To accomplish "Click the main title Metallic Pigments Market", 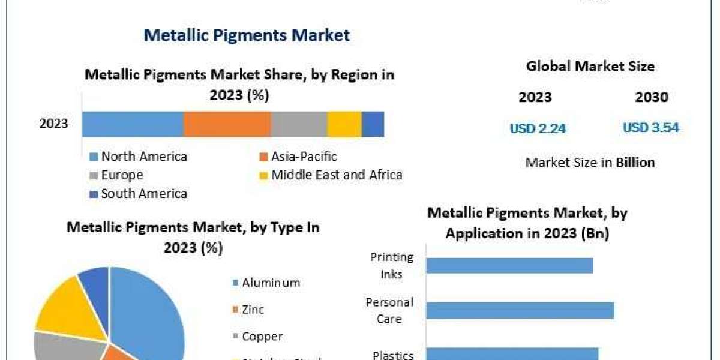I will [x=247, y=35].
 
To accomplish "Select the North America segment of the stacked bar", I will [x=133, y=124].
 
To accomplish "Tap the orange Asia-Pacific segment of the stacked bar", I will [x=227, y=124].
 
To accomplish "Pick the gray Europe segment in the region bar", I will [x=299, y=124].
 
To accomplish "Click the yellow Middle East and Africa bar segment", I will [x=344, y=124].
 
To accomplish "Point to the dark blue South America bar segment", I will [x=373, y=124].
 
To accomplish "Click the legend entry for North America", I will [x=138, y=157].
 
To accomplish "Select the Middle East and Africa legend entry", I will [x=330, y=175].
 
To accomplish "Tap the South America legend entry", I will [x=138, y=193].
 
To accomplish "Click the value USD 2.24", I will [x=538, y=128].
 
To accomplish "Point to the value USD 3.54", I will [x=651, y=127].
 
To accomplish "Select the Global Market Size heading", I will [x=590, y=66].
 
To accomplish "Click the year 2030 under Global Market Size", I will [x=652, y=97].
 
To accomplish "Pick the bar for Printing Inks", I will [x=510, y=265].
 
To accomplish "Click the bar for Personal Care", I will [x=520, y=310].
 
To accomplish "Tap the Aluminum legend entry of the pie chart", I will [x=265, y=283].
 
